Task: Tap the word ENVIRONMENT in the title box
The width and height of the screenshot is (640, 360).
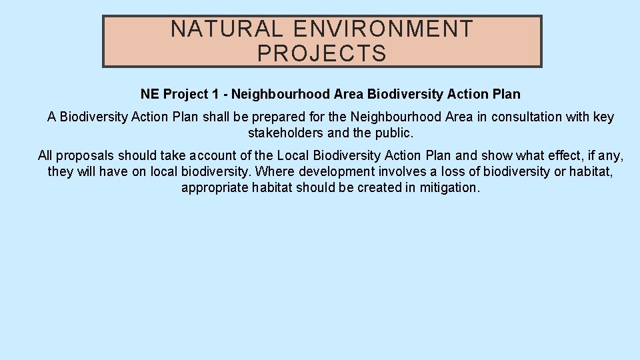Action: click(x=383, y=29)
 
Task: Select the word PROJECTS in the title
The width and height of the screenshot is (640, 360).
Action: click(x=322, y=53)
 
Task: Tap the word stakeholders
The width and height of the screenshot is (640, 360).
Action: click(x=285, y=133)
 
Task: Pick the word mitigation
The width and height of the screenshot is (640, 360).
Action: click(x=449, y=187)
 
